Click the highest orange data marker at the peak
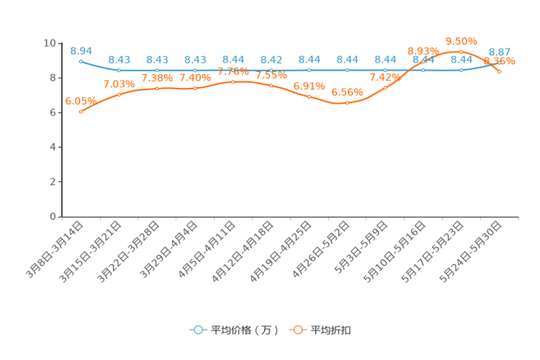coord(461,51)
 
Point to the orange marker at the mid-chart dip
coord(347,103)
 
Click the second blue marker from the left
coord(119,70)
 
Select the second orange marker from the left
coord(119,94)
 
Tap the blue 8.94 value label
coord(81,50)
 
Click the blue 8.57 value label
coord(499,52)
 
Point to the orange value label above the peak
coord(461,41)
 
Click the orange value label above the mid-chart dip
coord(347,92)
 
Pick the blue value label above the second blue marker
coord(119,60)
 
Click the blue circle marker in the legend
coord(197,330)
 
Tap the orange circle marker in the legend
coord(297,330)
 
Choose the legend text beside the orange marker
coord(332,330)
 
